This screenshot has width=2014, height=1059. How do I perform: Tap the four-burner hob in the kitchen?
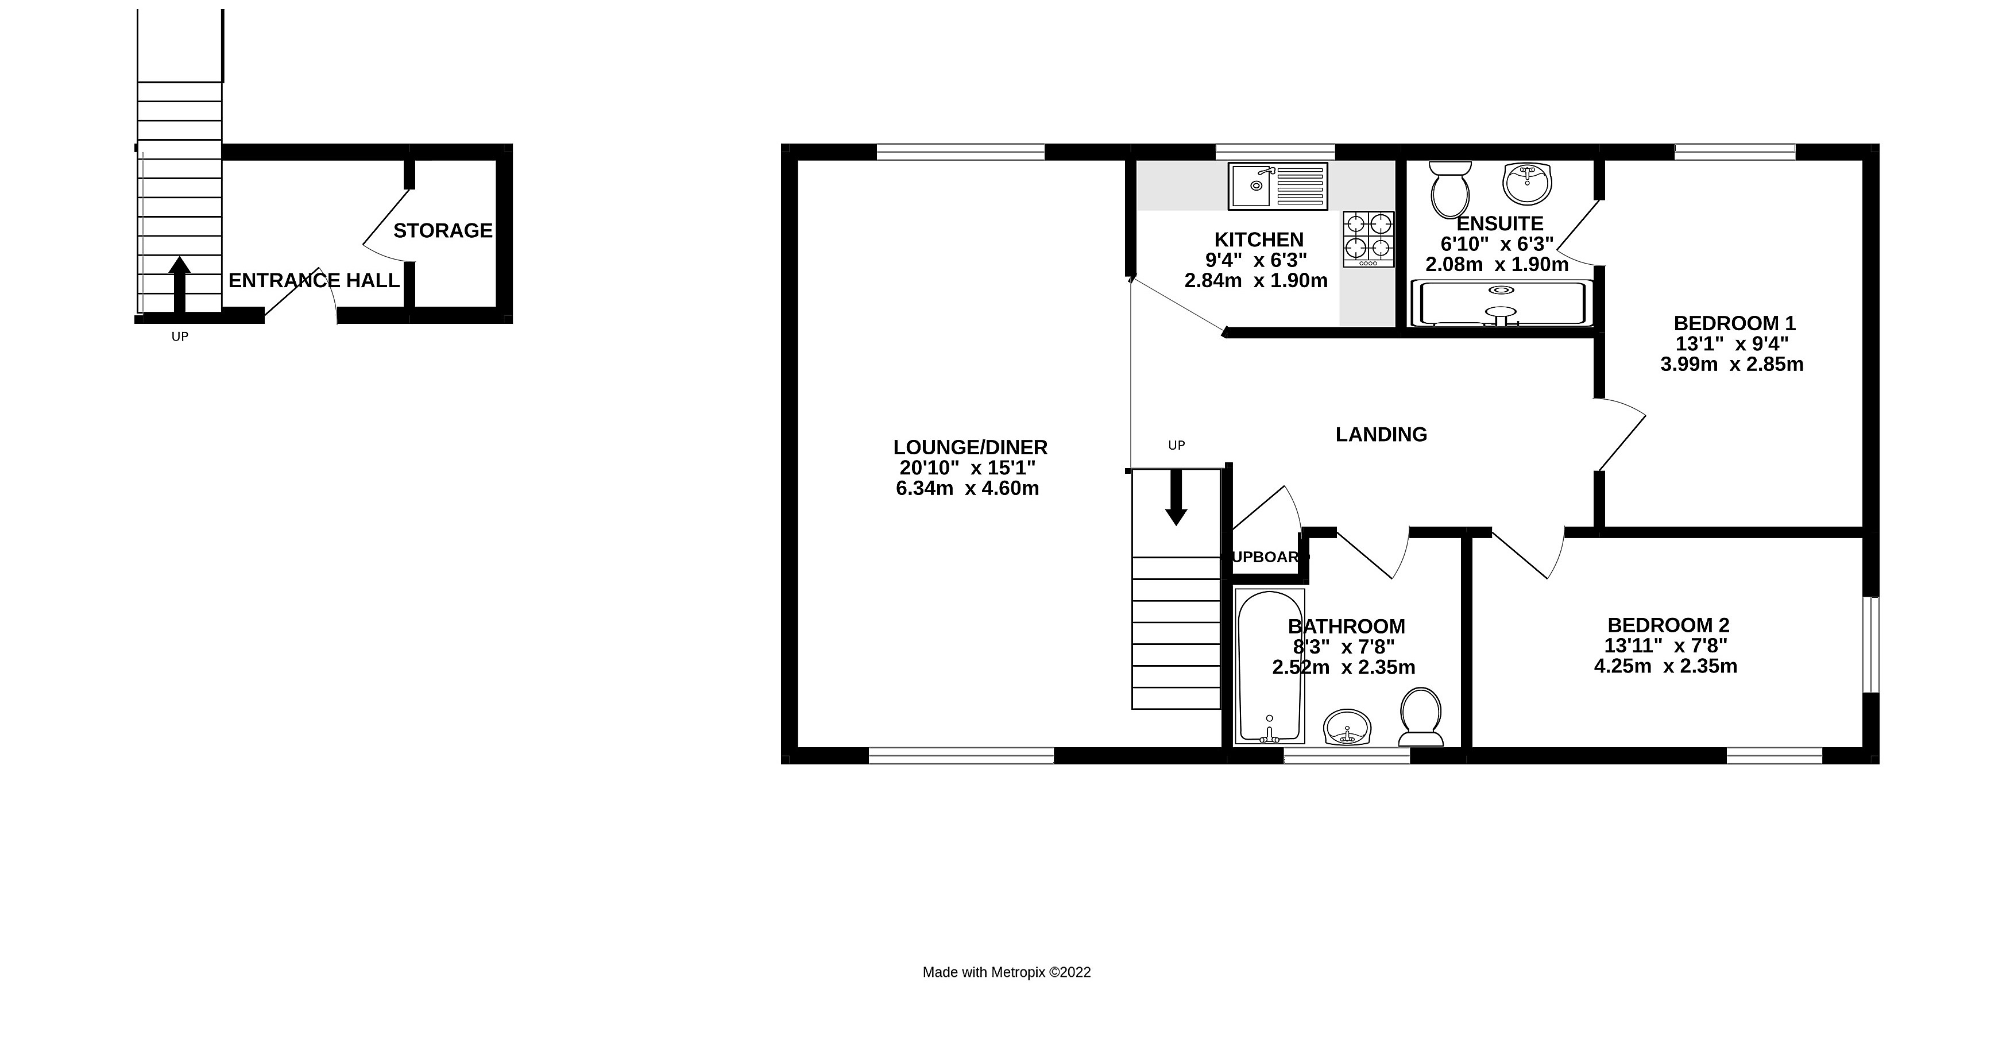click(x=1368, y=238)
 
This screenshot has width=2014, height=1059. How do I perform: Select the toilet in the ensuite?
click(x=1449, y=190)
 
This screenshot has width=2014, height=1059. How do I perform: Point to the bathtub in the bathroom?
click(x=1270, y=666)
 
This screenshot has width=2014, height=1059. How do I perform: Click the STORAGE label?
click(x=443, y=231)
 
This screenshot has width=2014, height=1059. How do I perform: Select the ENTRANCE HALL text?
click(x=314, y=281)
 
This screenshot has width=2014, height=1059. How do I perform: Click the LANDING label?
click(x=1381, y=435)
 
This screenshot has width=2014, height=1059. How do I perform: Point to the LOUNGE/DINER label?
click(x=969, y=447)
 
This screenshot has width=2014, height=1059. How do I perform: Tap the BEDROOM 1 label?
click(x=1734, y=323)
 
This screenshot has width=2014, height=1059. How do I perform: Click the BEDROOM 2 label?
click(x=1668, y=626)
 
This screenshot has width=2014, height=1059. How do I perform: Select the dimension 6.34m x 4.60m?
click(x=967, y=489)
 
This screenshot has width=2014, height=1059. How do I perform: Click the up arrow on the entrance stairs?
click(x=180, y=283)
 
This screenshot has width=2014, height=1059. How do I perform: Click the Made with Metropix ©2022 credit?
click(x=1006, y=972)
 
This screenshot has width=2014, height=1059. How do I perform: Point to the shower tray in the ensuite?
click(x=1501, y=303)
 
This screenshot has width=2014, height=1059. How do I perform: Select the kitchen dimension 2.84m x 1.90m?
click(x=1255, y=281)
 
